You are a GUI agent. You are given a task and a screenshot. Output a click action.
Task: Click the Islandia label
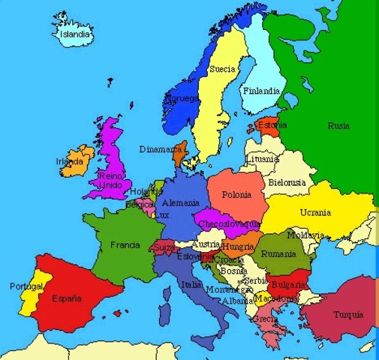click(x=75, y=34)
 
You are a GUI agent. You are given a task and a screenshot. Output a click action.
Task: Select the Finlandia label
click(x=260, y=91)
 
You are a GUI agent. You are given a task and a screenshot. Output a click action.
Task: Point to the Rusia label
click(x=338, y=126)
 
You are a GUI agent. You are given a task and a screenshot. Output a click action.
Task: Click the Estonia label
click(x=272, y=125)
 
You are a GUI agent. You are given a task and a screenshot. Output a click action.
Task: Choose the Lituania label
click(x=262, y=160)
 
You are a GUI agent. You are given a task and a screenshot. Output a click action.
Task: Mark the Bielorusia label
click(x=286, y=182)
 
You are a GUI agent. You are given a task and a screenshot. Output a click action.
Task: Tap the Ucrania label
click(x=315, y=212)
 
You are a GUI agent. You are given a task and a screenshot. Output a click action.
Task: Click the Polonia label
click(x=236, y=195)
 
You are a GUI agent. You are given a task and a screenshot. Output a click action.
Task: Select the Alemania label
click(x=180, y=203)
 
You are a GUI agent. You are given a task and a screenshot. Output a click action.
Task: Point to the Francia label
click(x=125, y=245)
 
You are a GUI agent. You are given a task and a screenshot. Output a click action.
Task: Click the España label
click(x=67, y=298)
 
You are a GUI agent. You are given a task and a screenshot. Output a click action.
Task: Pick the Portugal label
click(x=26, y=286)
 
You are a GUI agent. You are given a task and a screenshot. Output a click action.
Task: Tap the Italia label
click(x=191, y=285)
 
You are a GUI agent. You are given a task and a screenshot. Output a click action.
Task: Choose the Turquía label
click(x=347, y=314)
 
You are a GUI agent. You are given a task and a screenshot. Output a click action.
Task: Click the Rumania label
click(x=279, y=254)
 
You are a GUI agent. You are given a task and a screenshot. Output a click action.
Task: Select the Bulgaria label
click(x=288, y=285)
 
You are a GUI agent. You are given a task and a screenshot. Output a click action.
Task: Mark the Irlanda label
click(x=70, y=161)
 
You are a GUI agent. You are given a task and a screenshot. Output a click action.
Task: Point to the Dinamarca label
click(x=160, y=150)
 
